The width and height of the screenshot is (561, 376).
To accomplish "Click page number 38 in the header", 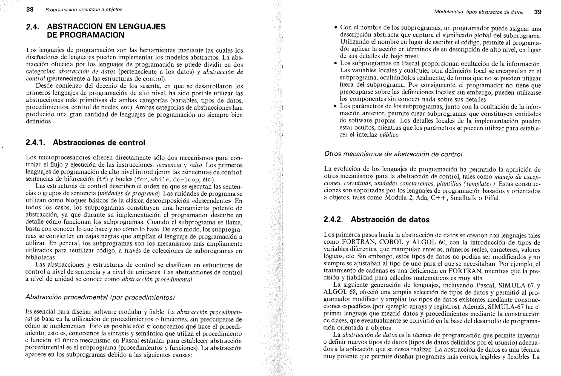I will point(30,10).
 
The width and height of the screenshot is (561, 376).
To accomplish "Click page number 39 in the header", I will point(538,12).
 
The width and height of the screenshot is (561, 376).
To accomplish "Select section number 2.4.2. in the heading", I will point(333,220).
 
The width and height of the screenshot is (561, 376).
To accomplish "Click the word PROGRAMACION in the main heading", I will point(86,35).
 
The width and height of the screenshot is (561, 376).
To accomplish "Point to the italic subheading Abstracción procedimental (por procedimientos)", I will point(100,297).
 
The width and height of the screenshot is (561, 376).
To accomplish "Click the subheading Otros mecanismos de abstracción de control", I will point(393,154).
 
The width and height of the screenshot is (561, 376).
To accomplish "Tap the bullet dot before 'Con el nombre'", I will point(335,28).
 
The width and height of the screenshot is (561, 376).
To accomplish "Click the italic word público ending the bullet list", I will point(389,135).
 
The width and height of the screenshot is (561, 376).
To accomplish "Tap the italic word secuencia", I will point(169,165).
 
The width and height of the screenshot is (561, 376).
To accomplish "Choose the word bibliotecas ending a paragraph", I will point(41,258).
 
